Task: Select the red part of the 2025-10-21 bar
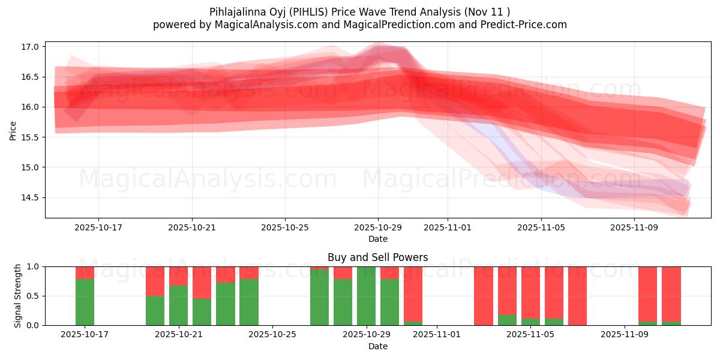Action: point(178,275)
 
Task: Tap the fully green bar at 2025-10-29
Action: point(366,296)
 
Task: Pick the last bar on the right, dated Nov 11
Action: point(671,294)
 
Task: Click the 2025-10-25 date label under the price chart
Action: point(285,228)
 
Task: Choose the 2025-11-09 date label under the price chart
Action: point(634,228)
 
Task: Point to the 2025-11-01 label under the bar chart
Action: point(436,335)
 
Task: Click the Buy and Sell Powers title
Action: point(378,257)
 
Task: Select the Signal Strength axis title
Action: point(18,296)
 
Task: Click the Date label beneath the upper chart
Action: point(378,239)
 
